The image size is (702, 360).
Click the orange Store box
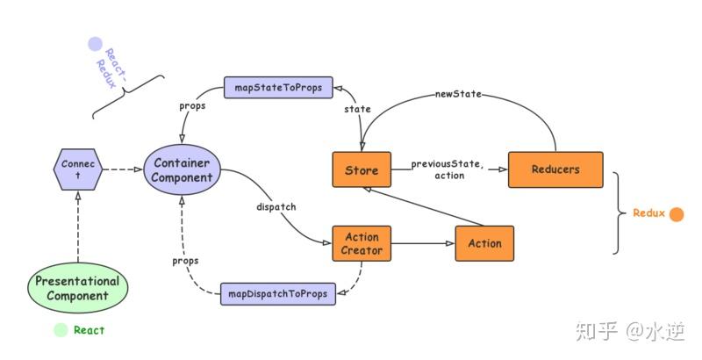(x=362, y=169)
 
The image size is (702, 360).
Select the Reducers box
(x=555, y=169)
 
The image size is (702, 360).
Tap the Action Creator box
(x=362, y=243)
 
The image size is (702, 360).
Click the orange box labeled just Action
(x=484, y=243)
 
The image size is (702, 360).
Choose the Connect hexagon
(x=78, y=169)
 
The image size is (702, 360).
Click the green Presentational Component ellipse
(x=77, y=289)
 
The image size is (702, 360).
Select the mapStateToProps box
(x=278, y=88)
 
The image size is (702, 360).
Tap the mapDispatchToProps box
(x=278, y=293)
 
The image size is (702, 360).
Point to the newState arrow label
(x=458, y=94)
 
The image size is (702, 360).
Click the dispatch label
(x=275, y=207)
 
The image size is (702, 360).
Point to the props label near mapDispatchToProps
(x=184, y=261)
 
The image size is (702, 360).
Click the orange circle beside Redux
(x=676, y=213)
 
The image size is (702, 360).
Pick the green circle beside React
(x=60, y=330)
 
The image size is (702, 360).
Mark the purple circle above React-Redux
(x=95, y=44)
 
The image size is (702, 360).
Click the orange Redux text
(x=648, y=213)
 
